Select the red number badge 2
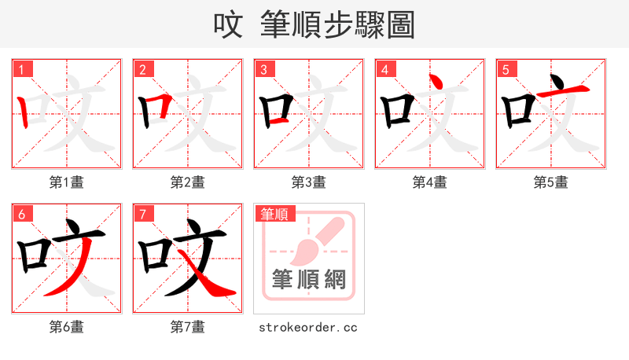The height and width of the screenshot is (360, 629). pos(143,69)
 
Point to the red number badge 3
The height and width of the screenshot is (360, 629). pos(264,69)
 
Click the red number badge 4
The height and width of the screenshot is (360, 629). pos(385,69)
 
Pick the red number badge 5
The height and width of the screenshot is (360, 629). pos(506,69)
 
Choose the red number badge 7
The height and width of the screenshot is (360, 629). pos(143,214)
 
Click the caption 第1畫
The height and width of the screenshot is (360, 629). pos(67,182)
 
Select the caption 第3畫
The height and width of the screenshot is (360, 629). pos(308,182)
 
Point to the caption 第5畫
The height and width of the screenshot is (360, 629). pos(550,182)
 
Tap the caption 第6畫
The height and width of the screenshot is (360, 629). pos(67,326)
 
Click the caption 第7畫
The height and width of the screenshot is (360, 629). pos(187,326)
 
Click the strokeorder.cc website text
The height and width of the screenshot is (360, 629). pos(308,326)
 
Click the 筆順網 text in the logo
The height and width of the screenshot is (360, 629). pos(308,279)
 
